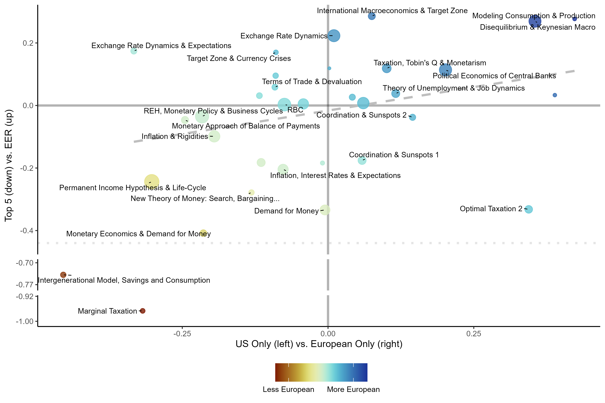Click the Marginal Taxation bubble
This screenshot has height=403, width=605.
click(x=143, y=311)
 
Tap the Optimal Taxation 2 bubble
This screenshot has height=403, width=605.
click(x=529, y=209)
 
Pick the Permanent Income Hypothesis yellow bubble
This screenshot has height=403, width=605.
click(x=151, y=182)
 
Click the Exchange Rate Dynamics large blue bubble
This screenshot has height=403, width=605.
click(x=334, y=36)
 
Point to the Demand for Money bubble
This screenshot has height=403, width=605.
click(x=325, y=210)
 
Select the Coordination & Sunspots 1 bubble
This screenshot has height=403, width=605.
click(x=362, y=160)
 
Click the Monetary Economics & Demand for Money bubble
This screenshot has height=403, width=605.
click(x=203, y=233)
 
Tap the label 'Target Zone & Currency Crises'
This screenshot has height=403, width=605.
click(x=239, y=58)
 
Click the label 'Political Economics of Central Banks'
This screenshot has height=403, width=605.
click(x=494, y=76)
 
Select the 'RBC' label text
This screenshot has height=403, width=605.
click(x=295, y=110)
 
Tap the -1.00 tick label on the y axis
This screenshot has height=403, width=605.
click(x=25, y=321)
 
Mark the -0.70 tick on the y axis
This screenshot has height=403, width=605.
click(x=25, y=263)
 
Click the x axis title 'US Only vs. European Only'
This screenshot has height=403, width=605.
click(x=319, y=344)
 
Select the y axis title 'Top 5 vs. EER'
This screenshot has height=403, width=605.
click(x=9, y=165)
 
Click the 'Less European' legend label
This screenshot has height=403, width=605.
click(x=288, y=389)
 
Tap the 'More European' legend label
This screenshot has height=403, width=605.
click(x=353, y=389)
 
